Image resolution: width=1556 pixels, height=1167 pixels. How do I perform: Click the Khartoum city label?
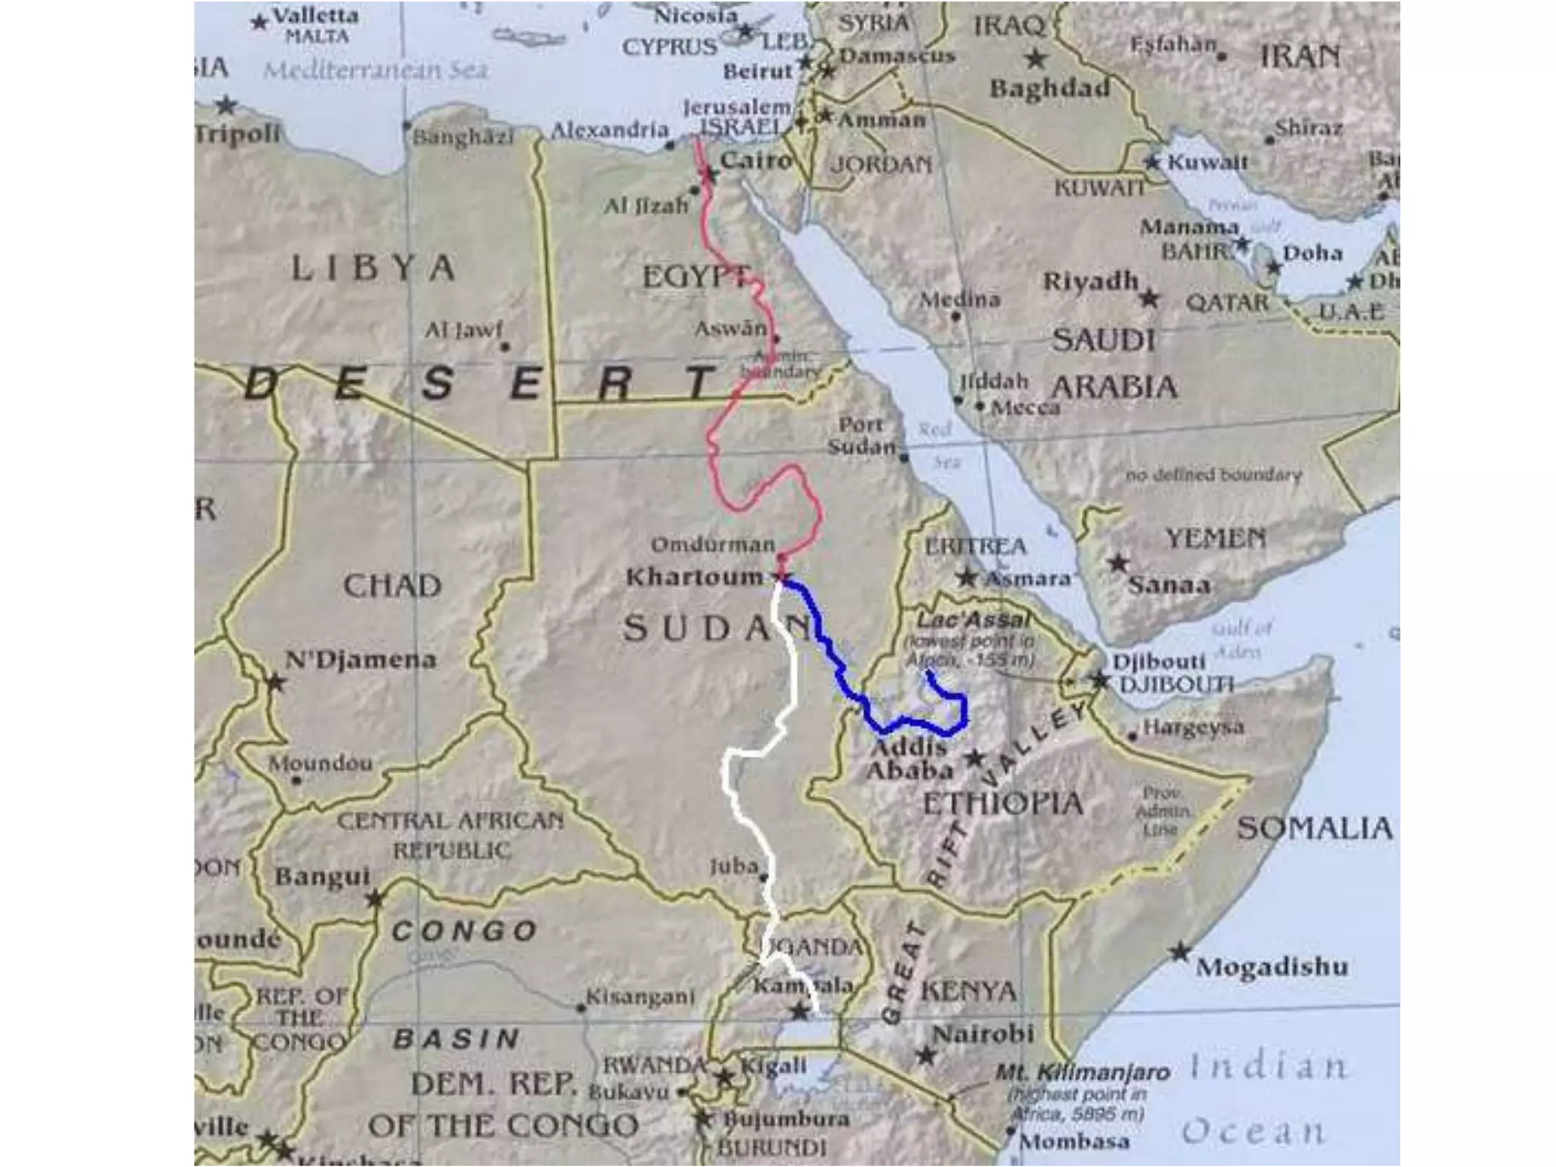tap(694, 577)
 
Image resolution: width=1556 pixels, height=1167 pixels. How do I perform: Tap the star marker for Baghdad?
tap(1036, 58)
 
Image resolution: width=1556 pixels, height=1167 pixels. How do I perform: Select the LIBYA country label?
tap(373, 268)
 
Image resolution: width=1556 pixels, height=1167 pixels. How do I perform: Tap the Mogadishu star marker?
tap(1179, 952)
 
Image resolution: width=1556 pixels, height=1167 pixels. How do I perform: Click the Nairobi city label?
tap(983, 1034)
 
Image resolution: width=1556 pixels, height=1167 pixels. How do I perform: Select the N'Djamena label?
tap(360, 659)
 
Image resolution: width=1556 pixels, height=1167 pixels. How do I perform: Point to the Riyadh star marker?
tap(1150, 299)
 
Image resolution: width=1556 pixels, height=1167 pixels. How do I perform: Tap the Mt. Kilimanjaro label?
tap(1083, 1073)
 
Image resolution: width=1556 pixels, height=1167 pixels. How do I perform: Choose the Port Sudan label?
tap(862, 435)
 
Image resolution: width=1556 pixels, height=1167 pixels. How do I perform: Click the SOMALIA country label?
tap(1314, 828)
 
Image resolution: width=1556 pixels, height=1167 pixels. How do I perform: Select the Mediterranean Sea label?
tap(375, 71)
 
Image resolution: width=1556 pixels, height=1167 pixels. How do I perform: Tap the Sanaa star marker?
tap(1118, 564)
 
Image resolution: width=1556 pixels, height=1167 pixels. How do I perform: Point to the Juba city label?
tap(734, 865)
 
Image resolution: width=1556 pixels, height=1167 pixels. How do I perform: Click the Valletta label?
tap(315, 16)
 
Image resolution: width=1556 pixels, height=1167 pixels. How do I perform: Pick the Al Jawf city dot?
tap(505, 347)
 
